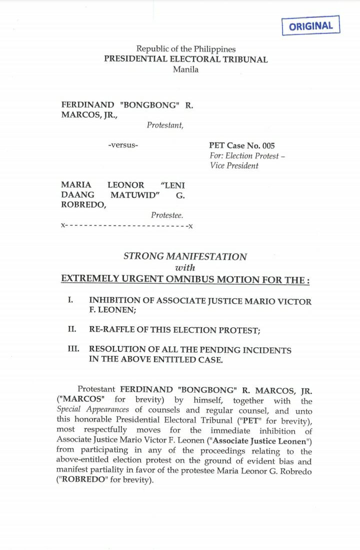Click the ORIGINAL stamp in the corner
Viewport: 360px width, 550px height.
[x=310, y=26]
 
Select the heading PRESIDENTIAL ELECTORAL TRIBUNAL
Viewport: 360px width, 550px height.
[x=185, y=59]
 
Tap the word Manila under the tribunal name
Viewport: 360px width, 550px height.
[x=185, y=69]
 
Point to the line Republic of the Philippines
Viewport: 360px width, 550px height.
[x=185, y=49]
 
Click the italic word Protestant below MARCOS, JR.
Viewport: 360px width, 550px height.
[x=165, y=125]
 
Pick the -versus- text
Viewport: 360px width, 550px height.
[x=123, y=145]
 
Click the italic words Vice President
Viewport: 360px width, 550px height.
[x=234, y=165]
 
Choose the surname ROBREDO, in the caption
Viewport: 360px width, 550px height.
[x=83, y=205]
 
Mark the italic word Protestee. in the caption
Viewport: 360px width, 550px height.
[x=167, y=215]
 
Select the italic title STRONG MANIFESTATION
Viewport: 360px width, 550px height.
[x=185, y=256]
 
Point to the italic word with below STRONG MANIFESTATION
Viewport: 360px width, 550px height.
[x=185, y=267]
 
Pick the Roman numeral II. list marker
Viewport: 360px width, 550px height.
[x=71, y=329]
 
